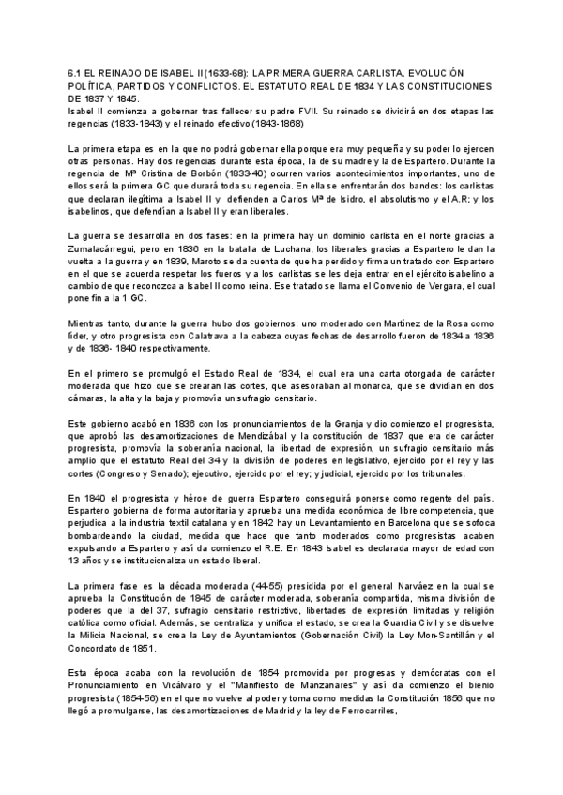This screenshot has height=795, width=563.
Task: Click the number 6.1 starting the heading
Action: [75, 71]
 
